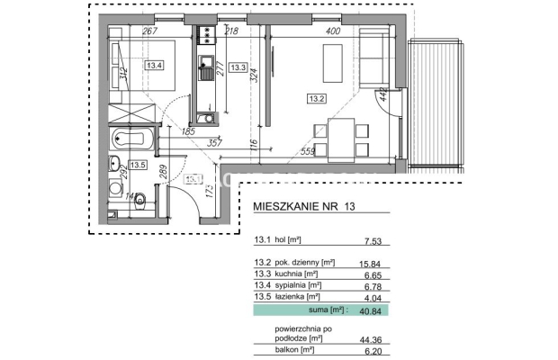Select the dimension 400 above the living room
(x=334, y=31)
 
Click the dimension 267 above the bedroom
(x=150, y=31)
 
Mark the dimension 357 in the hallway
(x=214, y=142)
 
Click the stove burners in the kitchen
(x=206, y=37)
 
